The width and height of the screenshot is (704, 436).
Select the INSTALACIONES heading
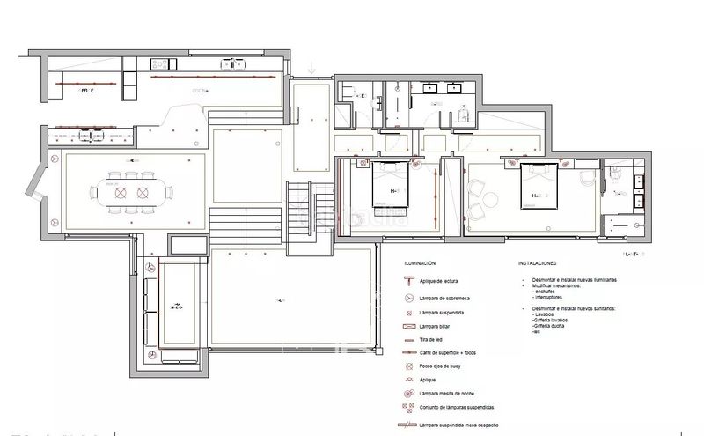point(537,262)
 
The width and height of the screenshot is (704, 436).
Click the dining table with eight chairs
point(129,190)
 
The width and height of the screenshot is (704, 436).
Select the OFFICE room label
point(86,90)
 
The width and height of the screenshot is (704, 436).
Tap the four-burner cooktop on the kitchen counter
point(233,63)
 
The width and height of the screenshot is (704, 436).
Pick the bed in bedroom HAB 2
point(539,188)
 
